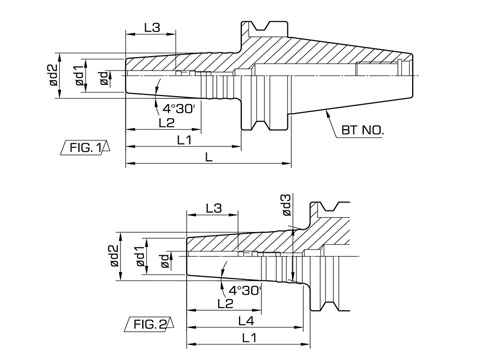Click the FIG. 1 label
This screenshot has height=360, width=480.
[x=85, y=147]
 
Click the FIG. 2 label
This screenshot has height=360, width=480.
[x=150, y=324]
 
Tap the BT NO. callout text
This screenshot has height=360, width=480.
[x=363, y=130]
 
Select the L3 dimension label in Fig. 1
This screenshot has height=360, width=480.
[x=152, y=27]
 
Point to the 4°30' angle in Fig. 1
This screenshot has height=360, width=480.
[x=178, y=108]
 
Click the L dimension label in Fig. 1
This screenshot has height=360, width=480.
[x=209, y=157]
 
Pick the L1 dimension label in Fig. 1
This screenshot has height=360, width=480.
[x=184, y=140]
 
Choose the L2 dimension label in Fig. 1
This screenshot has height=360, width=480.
[x=166, y=123]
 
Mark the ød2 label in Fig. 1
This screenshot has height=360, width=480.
[x=53, y=75]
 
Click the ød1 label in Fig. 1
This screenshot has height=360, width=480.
[x=79, y=75]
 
